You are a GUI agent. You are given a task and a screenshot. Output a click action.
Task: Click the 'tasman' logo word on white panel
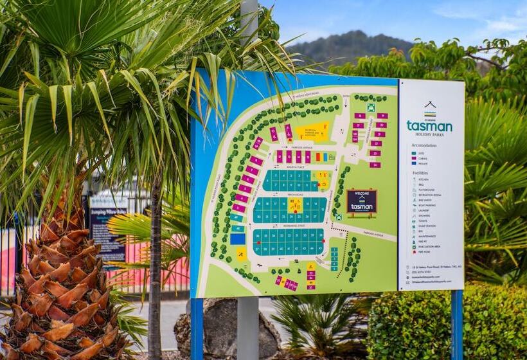pyautogui.click(x=429, y=127)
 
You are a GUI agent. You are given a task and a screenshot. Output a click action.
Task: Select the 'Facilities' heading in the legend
pyautogui.click(x=420, y=173)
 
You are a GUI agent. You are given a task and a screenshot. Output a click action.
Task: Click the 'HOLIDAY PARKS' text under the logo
pyautogui.click(x=429, y=134)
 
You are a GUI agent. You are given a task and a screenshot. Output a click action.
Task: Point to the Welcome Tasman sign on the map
pyautogui.click(x=361, y=202)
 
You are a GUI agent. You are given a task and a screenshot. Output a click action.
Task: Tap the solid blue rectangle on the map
pyautogui.click(x=238, y=239)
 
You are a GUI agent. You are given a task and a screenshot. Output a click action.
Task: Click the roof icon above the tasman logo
pyautogui.click(x=430, y=105)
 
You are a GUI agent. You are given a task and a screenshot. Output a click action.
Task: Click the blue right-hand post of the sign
pyautogui.click(x=457, y=325)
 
